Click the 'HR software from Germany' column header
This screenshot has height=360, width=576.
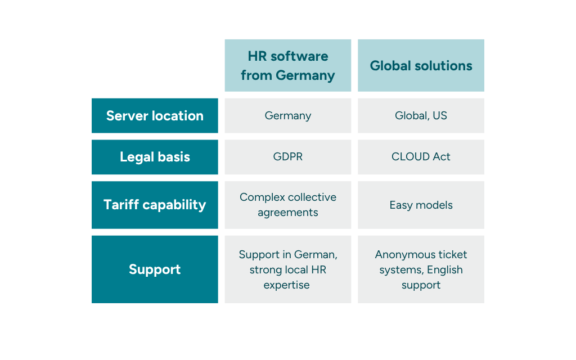click(x=288, y=65)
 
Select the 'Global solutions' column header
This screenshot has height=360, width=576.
click(x=421, y=65)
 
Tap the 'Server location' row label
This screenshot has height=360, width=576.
click(x=155, y=116)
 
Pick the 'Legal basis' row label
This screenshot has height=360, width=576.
click(x=155, y=157)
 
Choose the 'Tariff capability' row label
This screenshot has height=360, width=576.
click(x=155, y=205)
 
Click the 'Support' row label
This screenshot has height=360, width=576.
click(x=155, y=269)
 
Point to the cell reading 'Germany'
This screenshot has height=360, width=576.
click(x=288, y=116)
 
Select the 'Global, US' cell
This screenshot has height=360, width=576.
click(x=421, y=116)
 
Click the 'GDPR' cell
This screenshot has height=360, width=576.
click(x=288, y=157)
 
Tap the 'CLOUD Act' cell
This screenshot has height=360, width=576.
click(x=421, y=157)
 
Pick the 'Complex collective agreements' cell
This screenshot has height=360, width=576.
click(x=288, y=205)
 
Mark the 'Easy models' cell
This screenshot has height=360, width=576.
click(x=421, y=205)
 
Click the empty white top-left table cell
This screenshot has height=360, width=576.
click(x=155, y=65)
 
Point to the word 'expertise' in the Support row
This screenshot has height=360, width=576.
click(x=287, y=285)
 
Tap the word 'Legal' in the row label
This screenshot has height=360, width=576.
click(x=136, y=157)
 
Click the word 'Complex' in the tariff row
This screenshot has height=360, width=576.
click(x=261, y=197)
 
